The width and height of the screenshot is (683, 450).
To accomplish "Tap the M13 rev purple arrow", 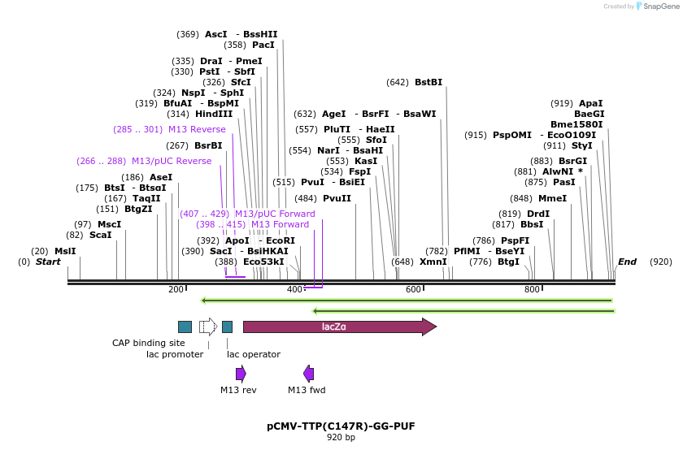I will point(241,374).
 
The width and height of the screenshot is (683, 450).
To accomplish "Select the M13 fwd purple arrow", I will point(308,374).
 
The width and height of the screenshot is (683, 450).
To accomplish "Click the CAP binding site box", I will point(185,327).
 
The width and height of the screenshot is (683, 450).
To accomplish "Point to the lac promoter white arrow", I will point(208,327).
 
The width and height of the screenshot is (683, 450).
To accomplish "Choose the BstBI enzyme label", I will point(429,82).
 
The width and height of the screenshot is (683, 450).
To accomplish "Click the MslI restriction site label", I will point(65,251).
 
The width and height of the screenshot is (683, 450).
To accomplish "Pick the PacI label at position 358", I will point(263,45).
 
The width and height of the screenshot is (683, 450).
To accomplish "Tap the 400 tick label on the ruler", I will point(294,290).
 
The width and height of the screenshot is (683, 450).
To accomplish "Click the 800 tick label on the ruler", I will point(532,290).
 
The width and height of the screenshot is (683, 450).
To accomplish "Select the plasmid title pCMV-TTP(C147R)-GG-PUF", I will point(341,426).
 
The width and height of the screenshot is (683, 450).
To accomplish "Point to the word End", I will point(628,262).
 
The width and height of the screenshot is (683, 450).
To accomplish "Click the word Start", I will point(48,262).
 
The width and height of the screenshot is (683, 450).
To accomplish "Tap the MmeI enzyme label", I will point(552,198).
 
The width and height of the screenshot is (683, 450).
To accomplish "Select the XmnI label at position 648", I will point(433,262).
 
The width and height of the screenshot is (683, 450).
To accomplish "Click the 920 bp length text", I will point(341,437).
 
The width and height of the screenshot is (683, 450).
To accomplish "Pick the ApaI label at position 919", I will point(591,103).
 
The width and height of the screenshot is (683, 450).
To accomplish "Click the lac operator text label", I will point(254,354).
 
